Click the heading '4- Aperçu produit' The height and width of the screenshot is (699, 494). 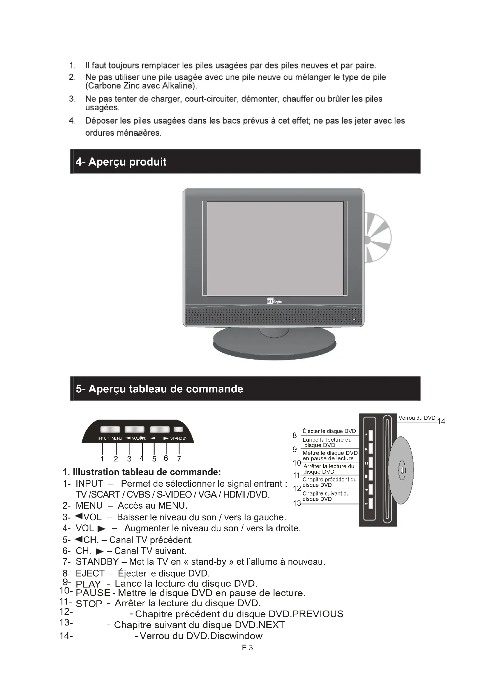(121, 162)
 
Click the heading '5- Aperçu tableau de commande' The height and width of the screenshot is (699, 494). (159, 389)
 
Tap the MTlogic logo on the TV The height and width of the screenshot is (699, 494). (274, 302)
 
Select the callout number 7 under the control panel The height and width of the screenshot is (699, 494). (179, 459)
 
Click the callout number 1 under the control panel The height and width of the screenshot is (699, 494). (102, 459)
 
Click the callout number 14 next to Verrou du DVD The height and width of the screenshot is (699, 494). (441, 421)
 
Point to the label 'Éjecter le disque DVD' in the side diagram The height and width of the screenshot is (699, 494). (329, 431)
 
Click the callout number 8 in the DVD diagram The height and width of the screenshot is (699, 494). (294, 436)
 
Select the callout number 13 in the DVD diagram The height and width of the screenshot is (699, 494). (297, 503)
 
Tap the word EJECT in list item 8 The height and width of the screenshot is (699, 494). (90, 573)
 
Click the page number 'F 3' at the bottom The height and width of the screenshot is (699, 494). (247, 648)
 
